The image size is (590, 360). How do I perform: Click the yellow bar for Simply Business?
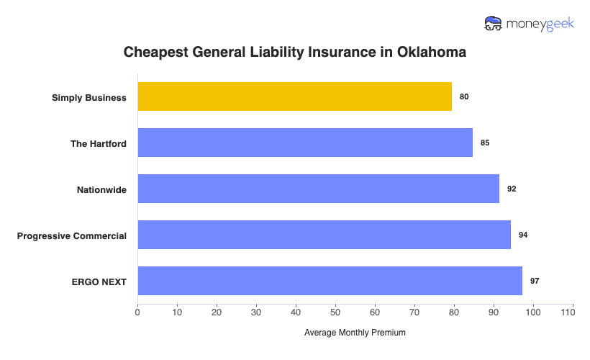point(294,96)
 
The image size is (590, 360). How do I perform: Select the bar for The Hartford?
point(305,143)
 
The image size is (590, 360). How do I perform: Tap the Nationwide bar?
point(318,189)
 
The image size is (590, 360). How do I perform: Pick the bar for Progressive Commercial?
point(324,235)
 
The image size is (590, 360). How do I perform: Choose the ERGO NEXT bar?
point(330,281)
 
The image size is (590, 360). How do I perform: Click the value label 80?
point(464,96)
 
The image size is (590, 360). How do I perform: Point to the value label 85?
point(485,143)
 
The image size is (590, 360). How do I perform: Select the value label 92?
point(512,189)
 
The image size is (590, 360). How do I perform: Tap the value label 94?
point(523,235)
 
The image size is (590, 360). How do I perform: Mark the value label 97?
point(535,281)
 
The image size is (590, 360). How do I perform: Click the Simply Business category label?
point(89,97)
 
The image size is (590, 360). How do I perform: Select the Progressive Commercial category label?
point(72,235)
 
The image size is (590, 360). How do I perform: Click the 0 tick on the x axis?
point(137,312)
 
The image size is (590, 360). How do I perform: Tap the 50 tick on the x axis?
point(335,312)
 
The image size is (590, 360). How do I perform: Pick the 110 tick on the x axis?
point(573,312)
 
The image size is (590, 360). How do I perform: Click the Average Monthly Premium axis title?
point(355,333)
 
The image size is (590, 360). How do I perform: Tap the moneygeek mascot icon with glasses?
point(494,24)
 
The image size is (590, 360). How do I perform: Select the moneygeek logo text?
point(540,24)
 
